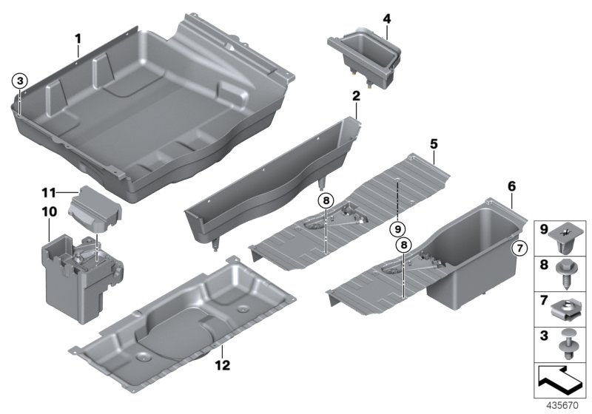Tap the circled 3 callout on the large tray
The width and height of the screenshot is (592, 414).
pos(20,80)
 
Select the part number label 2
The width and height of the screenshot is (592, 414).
pos(355,96)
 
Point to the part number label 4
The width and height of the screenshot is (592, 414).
pos(386,17)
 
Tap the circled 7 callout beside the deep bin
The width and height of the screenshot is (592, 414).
pos(519,247)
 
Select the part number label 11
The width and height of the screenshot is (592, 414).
pos(49,193)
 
